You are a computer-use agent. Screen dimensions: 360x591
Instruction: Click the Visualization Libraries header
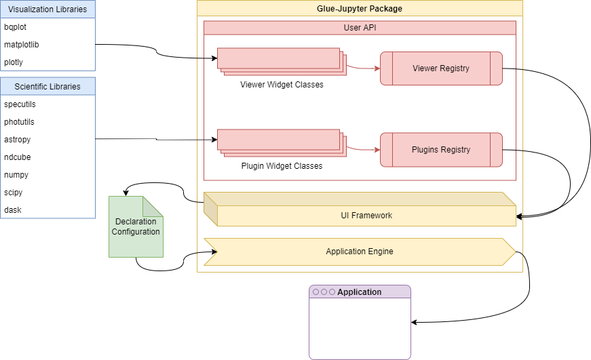(x=47, y=9)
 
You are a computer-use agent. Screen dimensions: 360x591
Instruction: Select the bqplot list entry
(x=16, y=27)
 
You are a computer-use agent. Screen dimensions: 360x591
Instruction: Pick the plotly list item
(x=14, y=62)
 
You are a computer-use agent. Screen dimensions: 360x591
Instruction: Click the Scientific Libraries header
(x=47, y=87)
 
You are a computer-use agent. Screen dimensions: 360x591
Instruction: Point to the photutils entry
(x=20, y=122)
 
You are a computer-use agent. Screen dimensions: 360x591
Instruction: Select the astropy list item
(x=18, y=140)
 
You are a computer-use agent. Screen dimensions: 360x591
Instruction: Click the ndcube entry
(x=17, y=157)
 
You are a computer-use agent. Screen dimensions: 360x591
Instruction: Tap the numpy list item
(x=16, y=175)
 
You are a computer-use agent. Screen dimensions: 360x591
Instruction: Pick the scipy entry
(x=14, y=193)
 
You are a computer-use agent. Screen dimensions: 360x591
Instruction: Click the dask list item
(x=13, y=210)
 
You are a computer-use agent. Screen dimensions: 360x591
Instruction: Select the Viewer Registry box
(x=441, y=68)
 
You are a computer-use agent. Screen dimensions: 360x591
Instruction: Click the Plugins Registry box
(x=441, y=150)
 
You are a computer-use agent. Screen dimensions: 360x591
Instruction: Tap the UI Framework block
(x=366, y=216)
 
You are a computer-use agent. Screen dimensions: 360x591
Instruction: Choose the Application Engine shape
(x=360, y=252)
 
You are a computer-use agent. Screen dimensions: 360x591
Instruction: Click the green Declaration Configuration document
(x=136, y=227)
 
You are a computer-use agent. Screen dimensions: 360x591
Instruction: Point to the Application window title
(x=360, y=292)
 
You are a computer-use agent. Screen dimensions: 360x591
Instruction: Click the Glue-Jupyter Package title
(x=360, y=9)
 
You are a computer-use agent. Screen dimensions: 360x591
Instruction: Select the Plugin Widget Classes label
(x=282, y=166)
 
